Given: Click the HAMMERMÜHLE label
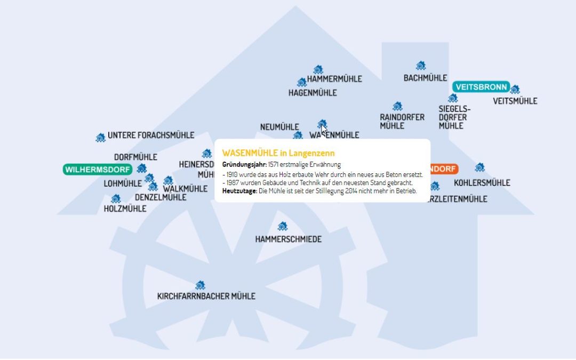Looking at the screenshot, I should pos(334,79).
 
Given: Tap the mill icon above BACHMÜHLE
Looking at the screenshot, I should pos(421,66).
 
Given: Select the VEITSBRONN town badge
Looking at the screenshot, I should pos(481,87).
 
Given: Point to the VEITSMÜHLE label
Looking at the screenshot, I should pos(515,101).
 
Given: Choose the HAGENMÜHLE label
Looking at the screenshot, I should pos(313,93).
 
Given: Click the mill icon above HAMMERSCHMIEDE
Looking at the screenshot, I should pos(283,227).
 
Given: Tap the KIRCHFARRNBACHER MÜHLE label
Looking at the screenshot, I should pos(206,296).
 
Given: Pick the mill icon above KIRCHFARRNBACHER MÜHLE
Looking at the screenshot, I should pos(200,285).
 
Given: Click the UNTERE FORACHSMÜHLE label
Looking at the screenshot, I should pos(151,135).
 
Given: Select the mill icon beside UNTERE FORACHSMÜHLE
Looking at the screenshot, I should pos(100,138).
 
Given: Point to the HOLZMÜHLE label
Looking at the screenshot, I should pos(125,209).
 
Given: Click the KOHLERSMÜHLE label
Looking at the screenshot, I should pos(482,183).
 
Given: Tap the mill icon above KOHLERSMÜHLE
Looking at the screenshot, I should pos(479,167).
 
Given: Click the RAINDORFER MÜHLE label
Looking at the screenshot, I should pos(402,122).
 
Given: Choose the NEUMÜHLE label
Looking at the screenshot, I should pos(279,127).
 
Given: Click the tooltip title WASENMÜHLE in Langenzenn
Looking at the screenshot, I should pos(278,153).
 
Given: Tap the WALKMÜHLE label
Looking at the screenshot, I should pos(185,189).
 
